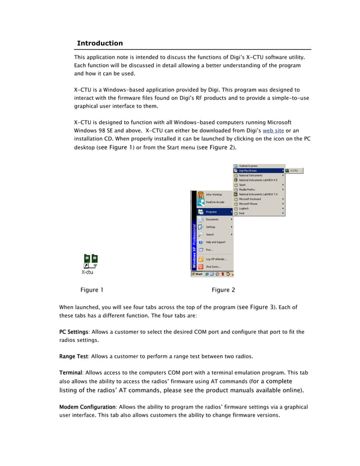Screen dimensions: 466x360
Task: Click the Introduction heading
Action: point(99,43)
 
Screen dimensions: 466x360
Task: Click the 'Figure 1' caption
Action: point(92,290)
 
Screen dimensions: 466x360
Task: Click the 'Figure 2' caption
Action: point(223,290)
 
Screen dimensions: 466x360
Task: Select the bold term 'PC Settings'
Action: point(73,332)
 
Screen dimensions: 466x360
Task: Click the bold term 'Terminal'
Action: point(71,373)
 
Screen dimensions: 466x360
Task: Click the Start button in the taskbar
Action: point(197,274)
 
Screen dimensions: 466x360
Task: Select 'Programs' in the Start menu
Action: point(211,212)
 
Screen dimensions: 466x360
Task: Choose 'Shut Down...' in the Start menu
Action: point(213,266)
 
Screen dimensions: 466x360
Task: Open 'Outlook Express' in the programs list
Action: point(248,166)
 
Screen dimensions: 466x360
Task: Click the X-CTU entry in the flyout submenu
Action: point(294,170)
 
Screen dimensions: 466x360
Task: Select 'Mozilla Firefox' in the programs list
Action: point(248,190)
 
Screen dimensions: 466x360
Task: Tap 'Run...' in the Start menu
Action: point(209,249)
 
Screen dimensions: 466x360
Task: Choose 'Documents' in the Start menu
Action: point(212,219)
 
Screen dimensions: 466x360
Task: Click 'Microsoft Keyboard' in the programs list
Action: point(249,199)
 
